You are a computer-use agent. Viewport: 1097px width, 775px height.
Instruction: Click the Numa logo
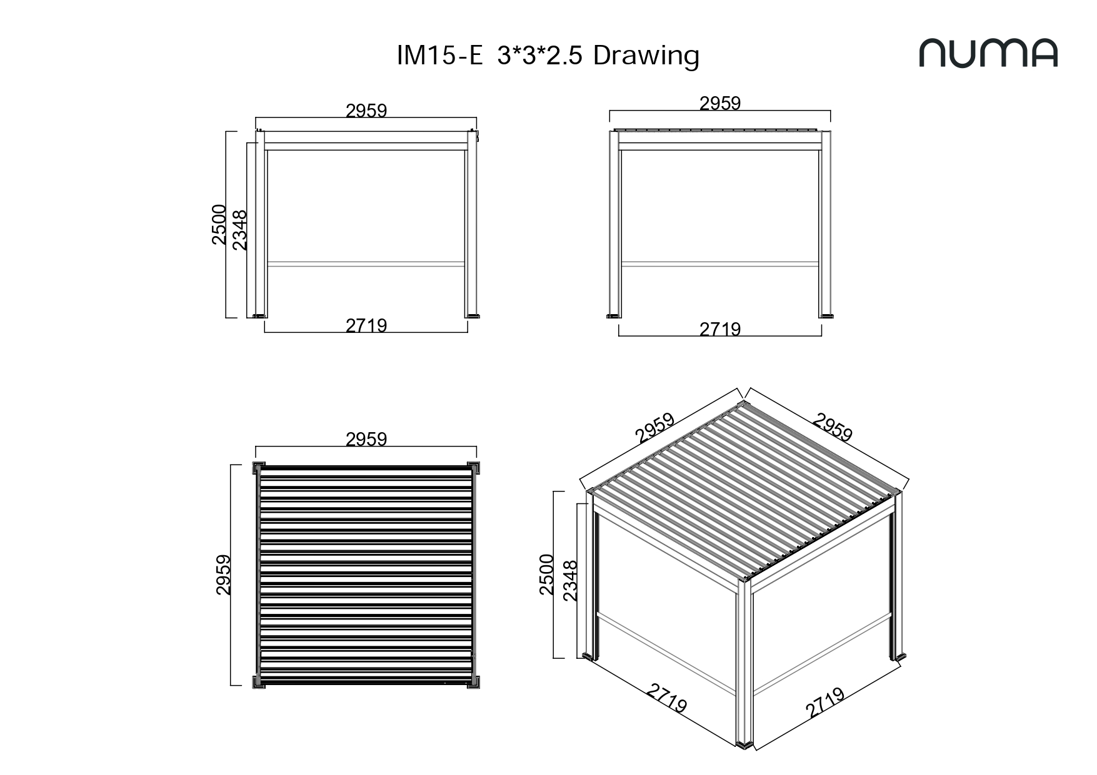[x=988, y=53]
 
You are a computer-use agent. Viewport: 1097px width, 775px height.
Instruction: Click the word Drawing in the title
[x=646, y=56]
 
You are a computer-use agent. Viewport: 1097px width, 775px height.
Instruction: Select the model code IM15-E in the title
[x=440, y=56]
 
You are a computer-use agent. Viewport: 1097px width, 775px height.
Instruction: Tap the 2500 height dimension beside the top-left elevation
[x=219, y=224]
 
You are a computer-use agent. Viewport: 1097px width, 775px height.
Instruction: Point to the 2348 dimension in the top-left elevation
[x=239, y=230]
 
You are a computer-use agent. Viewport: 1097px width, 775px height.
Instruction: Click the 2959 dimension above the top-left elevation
[x=366, y=111]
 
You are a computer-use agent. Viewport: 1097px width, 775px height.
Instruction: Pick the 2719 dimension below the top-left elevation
[x=366, y=325]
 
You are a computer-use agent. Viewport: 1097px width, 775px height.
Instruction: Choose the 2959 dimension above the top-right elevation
[x=720, y=103]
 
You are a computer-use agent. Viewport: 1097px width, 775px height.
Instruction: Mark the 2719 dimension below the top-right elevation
[x=720, y=329]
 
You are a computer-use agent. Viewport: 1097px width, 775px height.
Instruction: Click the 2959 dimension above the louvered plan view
[x=366, y=439]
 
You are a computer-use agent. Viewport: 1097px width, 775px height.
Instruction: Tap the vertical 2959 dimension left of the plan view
[x=223, y=575]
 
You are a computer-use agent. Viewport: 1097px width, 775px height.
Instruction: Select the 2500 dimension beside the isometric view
[x=546, y=574]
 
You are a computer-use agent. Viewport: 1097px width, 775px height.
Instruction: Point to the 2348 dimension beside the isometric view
[x=570, y=580]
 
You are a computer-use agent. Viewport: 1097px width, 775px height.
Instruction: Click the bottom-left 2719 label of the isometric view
[x=667, y=698]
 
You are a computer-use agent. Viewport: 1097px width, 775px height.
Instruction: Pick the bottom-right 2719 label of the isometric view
[x=825, y=703]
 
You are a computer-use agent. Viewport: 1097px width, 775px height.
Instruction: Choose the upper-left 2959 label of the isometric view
[x=655, y=428]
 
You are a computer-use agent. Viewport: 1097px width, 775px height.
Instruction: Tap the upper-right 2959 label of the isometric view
[x=833, y=427]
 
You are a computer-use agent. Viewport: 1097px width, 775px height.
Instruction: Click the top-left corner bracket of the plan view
[x=259, y=468]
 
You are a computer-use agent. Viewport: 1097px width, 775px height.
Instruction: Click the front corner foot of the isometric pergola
[x=746, y=744]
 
